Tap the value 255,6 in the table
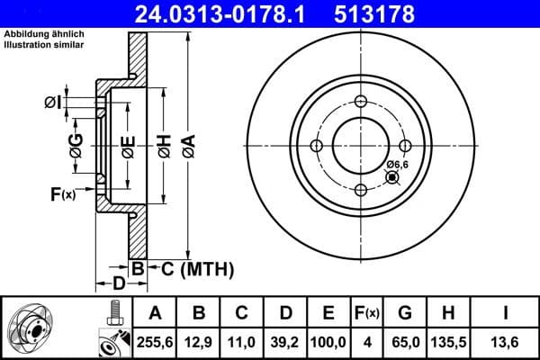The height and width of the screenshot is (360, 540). tap(155, 342)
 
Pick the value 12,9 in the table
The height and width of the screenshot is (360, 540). tap(199, 342)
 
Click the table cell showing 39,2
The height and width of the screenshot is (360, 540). tap(285, 342)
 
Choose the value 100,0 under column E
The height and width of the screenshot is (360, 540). tap(328, 342)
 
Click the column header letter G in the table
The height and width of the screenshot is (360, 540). tap(405, 313)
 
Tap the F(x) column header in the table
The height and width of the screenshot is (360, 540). tap(367, 313)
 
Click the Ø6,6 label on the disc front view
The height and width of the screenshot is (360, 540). tap(398, 165)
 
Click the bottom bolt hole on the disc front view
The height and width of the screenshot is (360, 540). tap(361, 190)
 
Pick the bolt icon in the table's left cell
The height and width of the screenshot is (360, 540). tap(113, 315)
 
